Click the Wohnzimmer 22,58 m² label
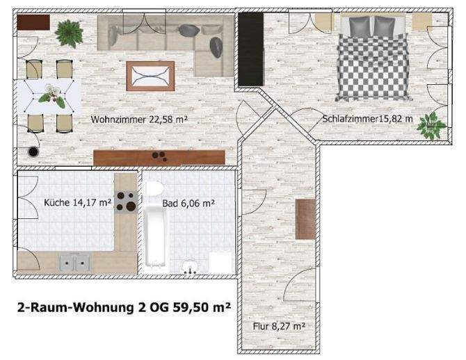coord(140,120)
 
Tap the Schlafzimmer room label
coord(368,120)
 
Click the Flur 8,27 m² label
coord(281,325)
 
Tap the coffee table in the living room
coord(150,74)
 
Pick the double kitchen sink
coord(74,263)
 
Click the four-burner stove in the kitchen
coord(125,201)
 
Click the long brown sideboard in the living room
coord(159,158)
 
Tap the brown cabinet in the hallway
coord(304,219)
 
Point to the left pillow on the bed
coord(360,26)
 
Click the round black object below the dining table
coord(31,151)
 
